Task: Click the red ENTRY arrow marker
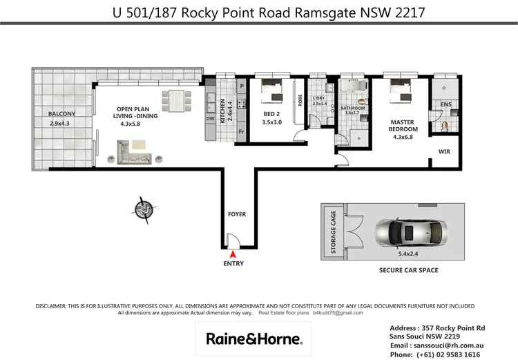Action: [232, 255]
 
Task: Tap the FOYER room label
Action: [237, 214]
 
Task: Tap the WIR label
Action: [444, 150]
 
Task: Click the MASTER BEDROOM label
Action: [403, 124]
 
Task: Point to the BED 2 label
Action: [271, 114]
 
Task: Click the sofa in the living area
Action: [135, 153]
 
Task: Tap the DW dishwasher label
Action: [210, 118]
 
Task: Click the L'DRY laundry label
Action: [319, 97]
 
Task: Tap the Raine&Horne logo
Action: [253, 339]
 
